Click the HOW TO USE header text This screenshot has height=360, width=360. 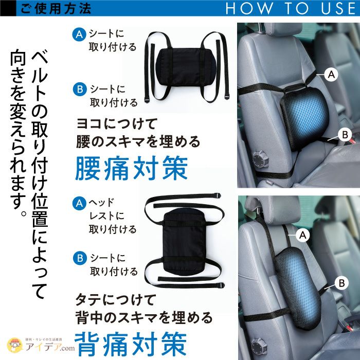tap(291, 8)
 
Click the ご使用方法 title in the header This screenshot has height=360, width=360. tap(56, 9)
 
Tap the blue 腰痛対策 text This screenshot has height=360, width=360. tap(132, 168)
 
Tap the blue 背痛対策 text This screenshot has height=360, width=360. tap(131, 344)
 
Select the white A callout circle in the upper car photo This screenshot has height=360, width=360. tap(331, 74)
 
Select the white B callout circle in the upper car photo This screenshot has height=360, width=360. tap(345, 135)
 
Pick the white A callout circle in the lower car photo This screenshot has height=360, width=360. tap(303, 235)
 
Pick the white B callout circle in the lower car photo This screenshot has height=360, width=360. tap(341, 283)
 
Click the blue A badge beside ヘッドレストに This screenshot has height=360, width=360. tap(79, 203)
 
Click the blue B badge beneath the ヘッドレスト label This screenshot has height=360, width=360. tap(80, 258)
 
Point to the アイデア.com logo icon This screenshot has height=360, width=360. tap(15, 345)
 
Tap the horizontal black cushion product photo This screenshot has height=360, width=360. tap(186, 67)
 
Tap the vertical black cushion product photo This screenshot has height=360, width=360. tap(184, 241)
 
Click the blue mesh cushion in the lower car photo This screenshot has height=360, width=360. tap(298, 288)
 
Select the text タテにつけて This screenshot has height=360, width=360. tap(116, 299)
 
